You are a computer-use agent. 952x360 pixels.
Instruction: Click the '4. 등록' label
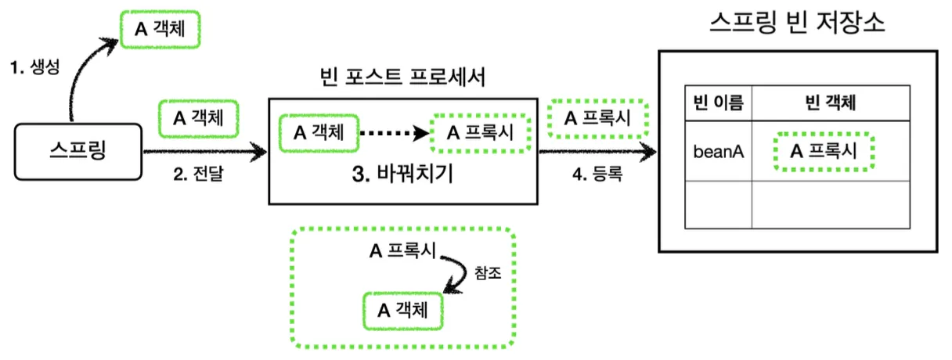click(597, 175)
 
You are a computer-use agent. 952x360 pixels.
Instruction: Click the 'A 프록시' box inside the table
click(823, 151)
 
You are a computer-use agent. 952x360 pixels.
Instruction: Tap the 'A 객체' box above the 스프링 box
click(159, 29)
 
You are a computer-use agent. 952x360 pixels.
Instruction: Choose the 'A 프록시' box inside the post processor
click(481, 132)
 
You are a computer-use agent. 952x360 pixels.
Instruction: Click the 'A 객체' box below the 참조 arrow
click(402, 311)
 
